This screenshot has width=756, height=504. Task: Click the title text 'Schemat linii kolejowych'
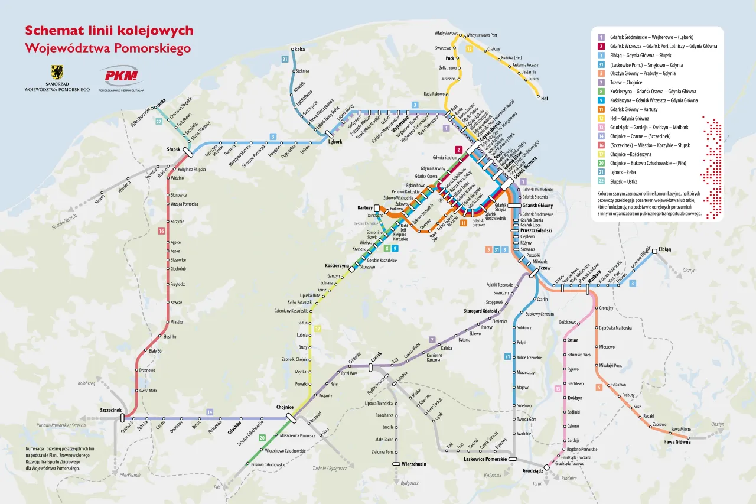pyautogui.click(x=109, y=31)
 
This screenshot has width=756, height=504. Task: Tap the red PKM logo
pyautogui.click(x=120, y=76)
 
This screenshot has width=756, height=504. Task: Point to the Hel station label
pyautogui.click(x=544, y=99)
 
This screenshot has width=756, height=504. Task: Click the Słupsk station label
pyautogui.click(x=174, y=149)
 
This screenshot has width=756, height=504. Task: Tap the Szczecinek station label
pyautogui.click(x=110, y=410)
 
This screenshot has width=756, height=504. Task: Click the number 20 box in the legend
pyautogui.click(x=601, y=163)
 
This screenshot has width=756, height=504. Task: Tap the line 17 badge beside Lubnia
pyautogui.click(x=317, y=329)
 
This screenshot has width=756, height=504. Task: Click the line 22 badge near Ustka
pyautogui.click(x=159, y=122)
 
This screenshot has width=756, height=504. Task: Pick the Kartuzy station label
pyautogui.click(x=365, y=208)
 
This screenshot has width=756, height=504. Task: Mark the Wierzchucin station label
pyautogui.click(x=413, y=464)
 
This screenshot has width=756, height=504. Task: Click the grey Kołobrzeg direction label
pyautogui.click(x=86, y=383)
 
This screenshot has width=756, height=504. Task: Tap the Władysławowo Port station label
pyautogui.click(x=482, y=35)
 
